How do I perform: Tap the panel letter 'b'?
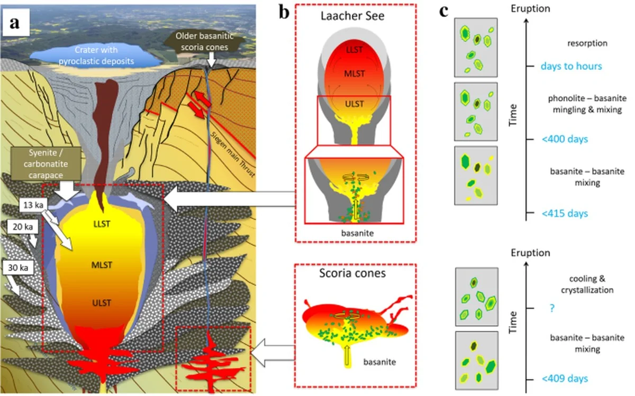point(284,12)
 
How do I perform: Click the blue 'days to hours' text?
point(571,67)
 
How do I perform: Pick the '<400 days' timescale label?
point(565,139)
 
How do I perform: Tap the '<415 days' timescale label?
point(565,214)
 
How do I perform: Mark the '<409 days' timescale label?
point(565,379)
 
